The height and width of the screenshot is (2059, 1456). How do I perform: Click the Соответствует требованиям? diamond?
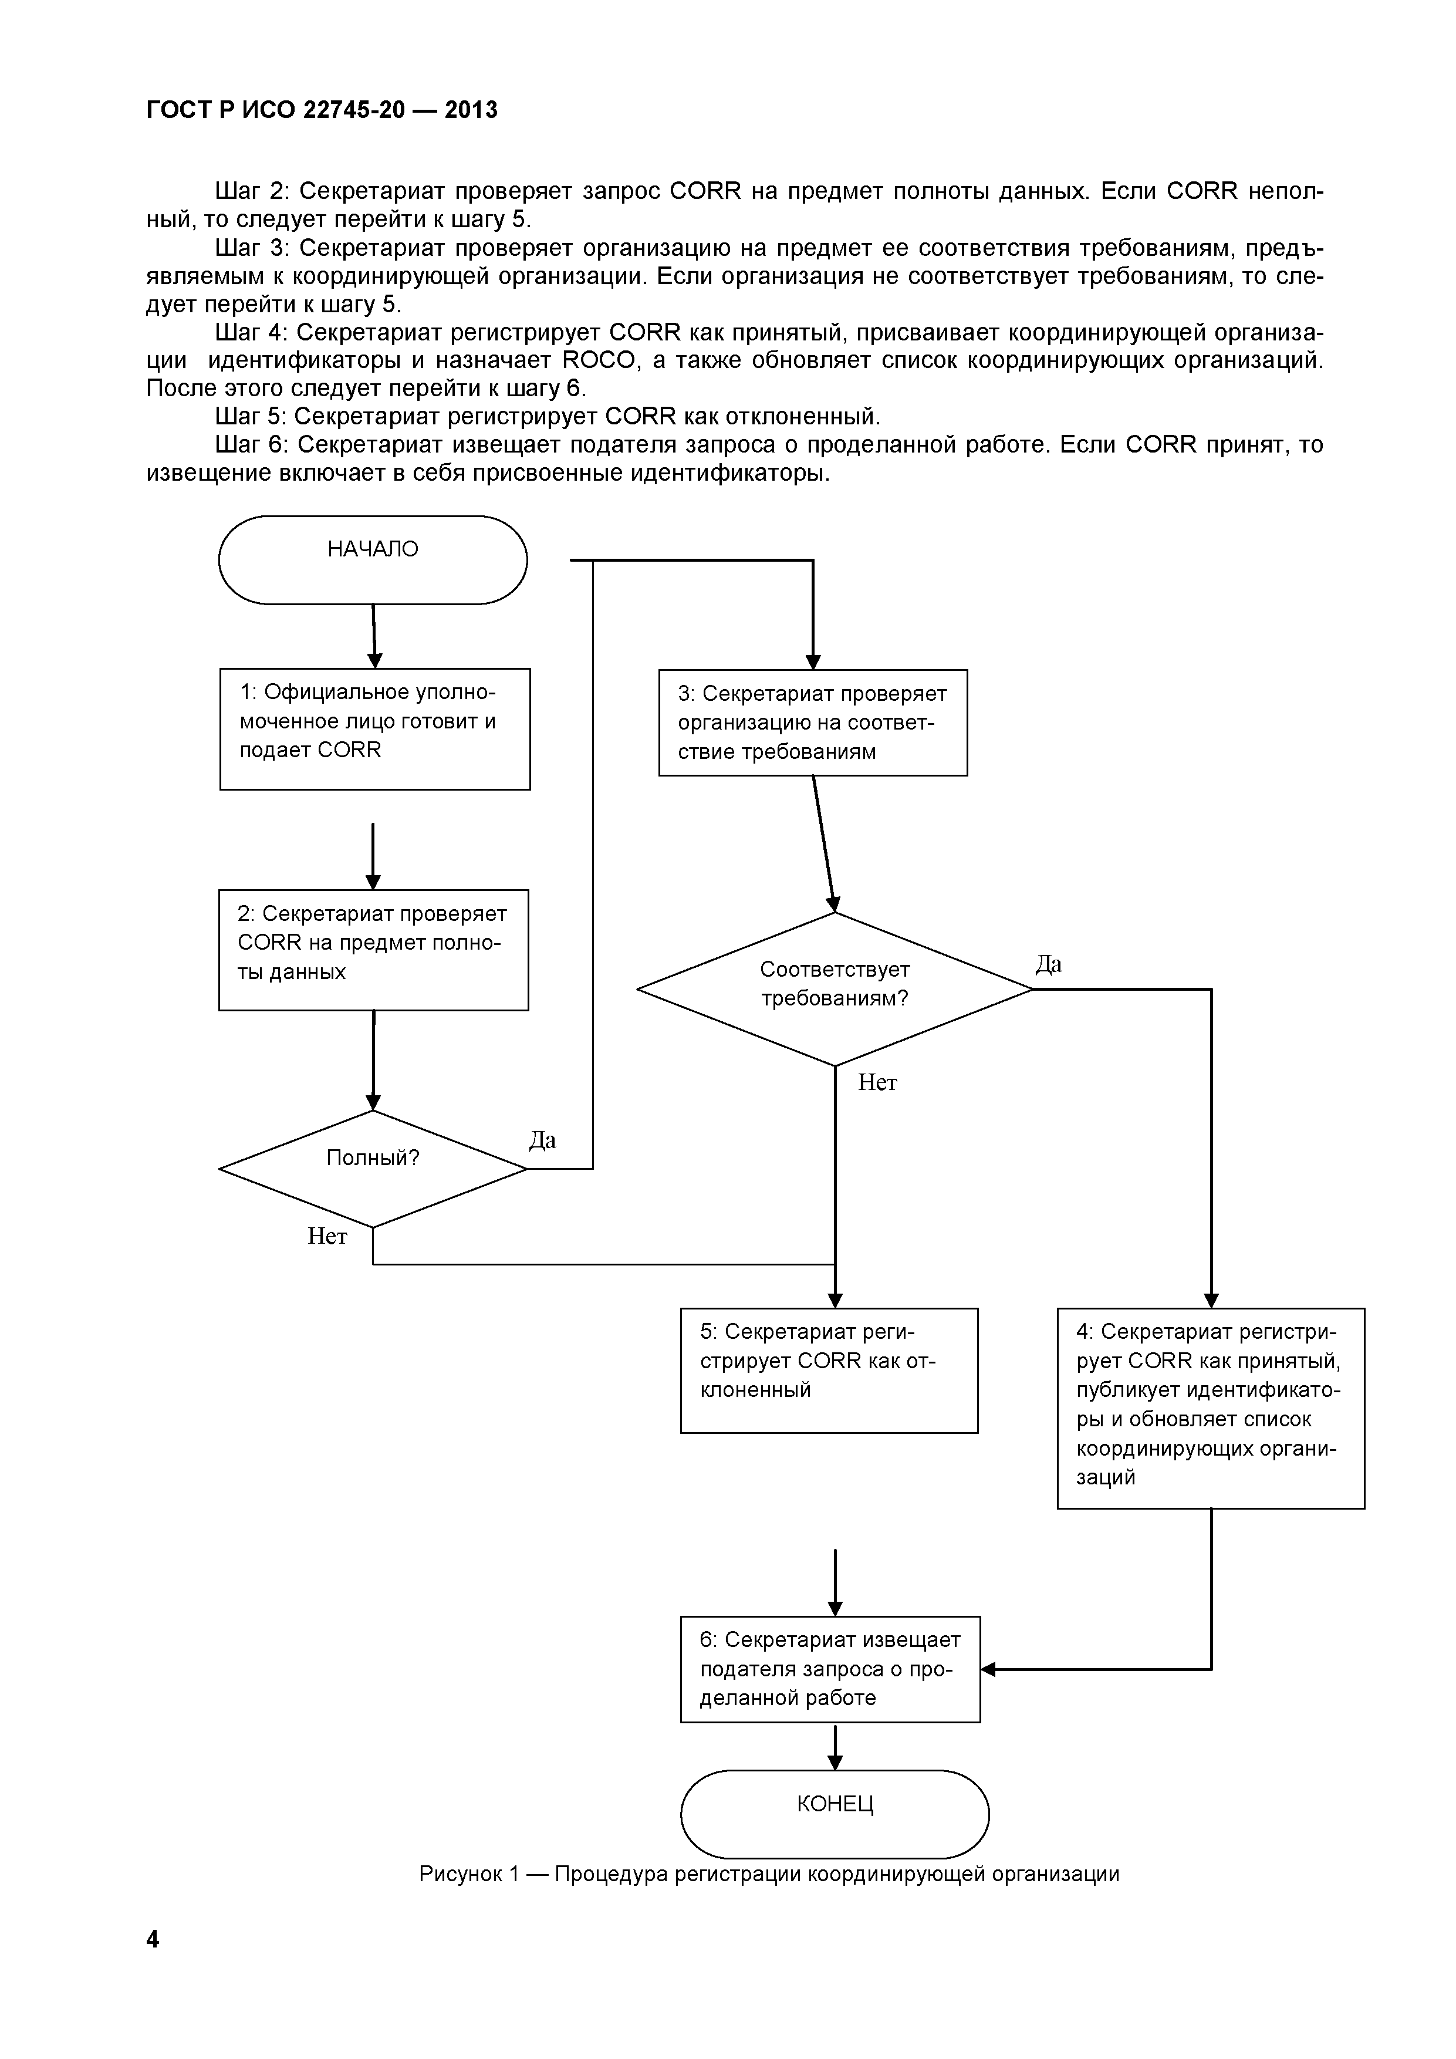pyautogui.click(x=834, y=988)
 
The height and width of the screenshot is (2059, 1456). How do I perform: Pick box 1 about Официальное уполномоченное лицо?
pyautogui.click(x=375, y=728)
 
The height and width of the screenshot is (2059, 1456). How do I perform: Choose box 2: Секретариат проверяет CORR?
pyautogui.click(x=373, y=950)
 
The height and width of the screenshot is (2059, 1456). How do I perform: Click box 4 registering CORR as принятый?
pyautogui.click(x=1210, y=1408)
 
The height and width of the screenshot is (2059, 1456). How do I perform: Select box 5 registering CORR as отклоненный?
pyautogui.click(x=829, y=1371)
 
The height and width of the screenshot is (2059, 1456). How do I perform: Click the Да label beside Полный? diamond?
pyautogui.click(x=542, y=1140)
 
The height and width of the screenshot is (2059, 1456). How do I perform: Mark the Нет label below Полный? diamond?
pyautogui.click(x=327, y=1237)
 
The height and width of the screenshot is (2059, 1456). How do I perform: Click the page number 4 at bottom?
pyautogui.click(x=153, y=1939)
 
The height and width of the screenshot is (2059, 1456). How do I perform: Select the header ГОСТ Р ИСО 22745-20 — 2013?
pyautogui.click(x=322, y=109)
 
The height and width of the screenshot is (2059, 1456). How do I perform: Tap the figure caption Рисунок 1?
pyautogui.click(x=769, y=1874)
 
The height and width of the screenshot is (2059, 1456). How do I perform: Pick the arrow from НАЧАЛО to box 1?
pyautogui.click(x=374, y=635)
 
